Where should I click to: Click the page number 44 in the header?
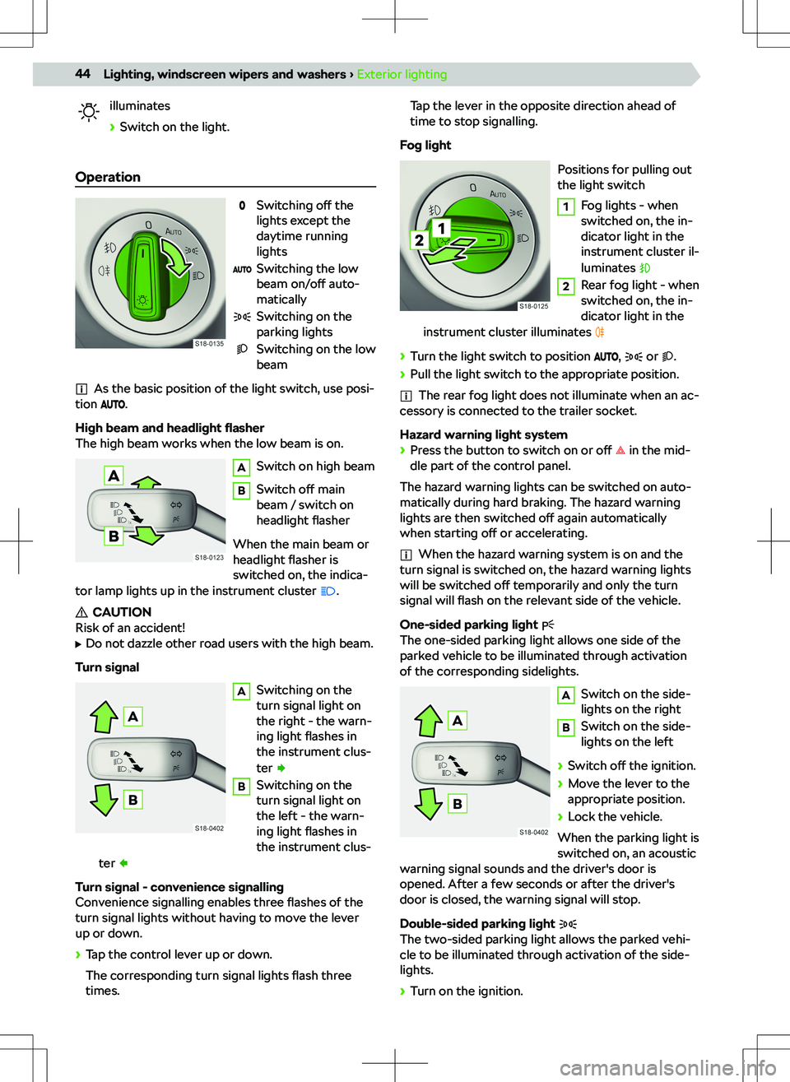pyautogui.click(x=82, y=74)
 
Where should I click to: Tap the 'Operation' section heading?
pyautogui.click(x=108, y=177)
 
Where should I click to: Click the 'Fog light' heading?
pyautogui.click(x=425, y=146)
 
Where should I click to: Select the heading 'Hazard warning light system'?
pyautogui.click(x=483, y=434)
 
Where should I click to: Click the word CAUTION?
pyautogui.click(x=122, y=612)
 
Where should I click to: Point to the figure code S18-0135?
pyautogui.click(x=209, y=344)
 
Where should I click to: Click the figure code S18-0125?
pyautogui.click(x=533, y=306)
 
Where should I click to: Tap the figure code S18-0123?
pyautogui.click(x=209, y=557)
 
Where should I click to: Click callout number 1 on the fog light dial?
pyautogui.click(x=442, y=228)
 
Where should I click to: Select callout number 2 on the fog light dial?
pyautogui.click(x=419, y=240)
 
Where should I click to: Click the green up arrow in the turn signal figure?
pyautogui.click(x=105, y=715)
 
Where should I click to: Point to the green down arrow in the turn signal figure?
pyautogui.click(x=105, y=799)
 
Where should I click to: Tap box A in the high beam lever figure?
pyautogui.click(x=114, y=476)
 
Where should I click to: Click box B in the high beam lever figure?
pyautogui.click(x=114, y=536)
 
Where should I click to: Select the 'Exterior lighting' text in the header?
pyautogui.click(x=402, y=74)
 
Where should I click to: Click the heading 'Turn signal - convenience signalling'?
pyautogui.click(x=179, y=887)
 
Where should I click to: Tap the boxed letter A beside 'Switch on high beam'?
pyautogui.click(x=241, y=467)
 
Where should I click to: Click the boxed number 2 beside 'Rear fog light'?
pyautogui.click(x=565, y=286)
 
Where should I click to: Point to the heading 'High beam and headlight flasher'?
pyautogui.click(x=170, y=428)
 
